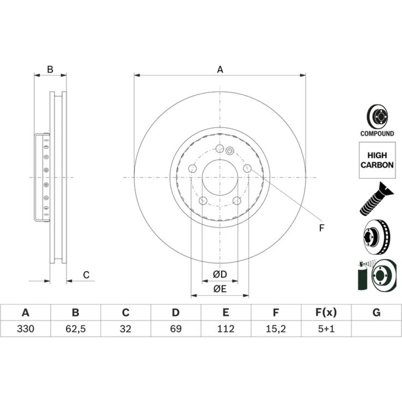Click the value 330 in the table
pyautogui.click(x=25, y=329)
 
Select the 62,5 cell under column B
pyautogui.click(x=76, y=329)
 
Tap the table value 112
pyautogui.click(x=226, y=329)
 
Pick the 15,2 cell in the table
pyautogui.click(x=276, y=329)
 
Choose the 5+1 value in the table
pyautogui.click(x=326, y=329)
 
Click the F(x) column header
pyautogui.click(x=326, y=312)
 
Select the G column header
pyautogui.click(x=376, y=312)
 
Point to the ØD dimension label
pyautogui.click(x=220, y=274)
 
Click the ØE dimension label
pyautogui.click(x=220, y=289)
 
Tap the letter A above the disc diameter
pyautogui.click(x=220, y=70)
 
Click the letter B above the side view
pyautogui.click(x=50, y=70)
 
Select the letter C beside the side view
pyautogui.click(x=86, y=275)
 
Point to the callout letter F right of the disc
pyautogui.click(x=322, y=228)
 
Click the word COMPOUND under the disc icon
pyautogui.click(x=377, y=133)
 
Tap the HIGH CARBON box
pyautogui.click(x=377, y=160)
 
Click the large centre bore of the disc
pyautogui.click(x=220, y=177)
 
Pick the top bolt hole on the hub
pyautogui.click(x=220, y=148)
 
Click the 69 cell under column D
pyautogui.click(x=176, y=329)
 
